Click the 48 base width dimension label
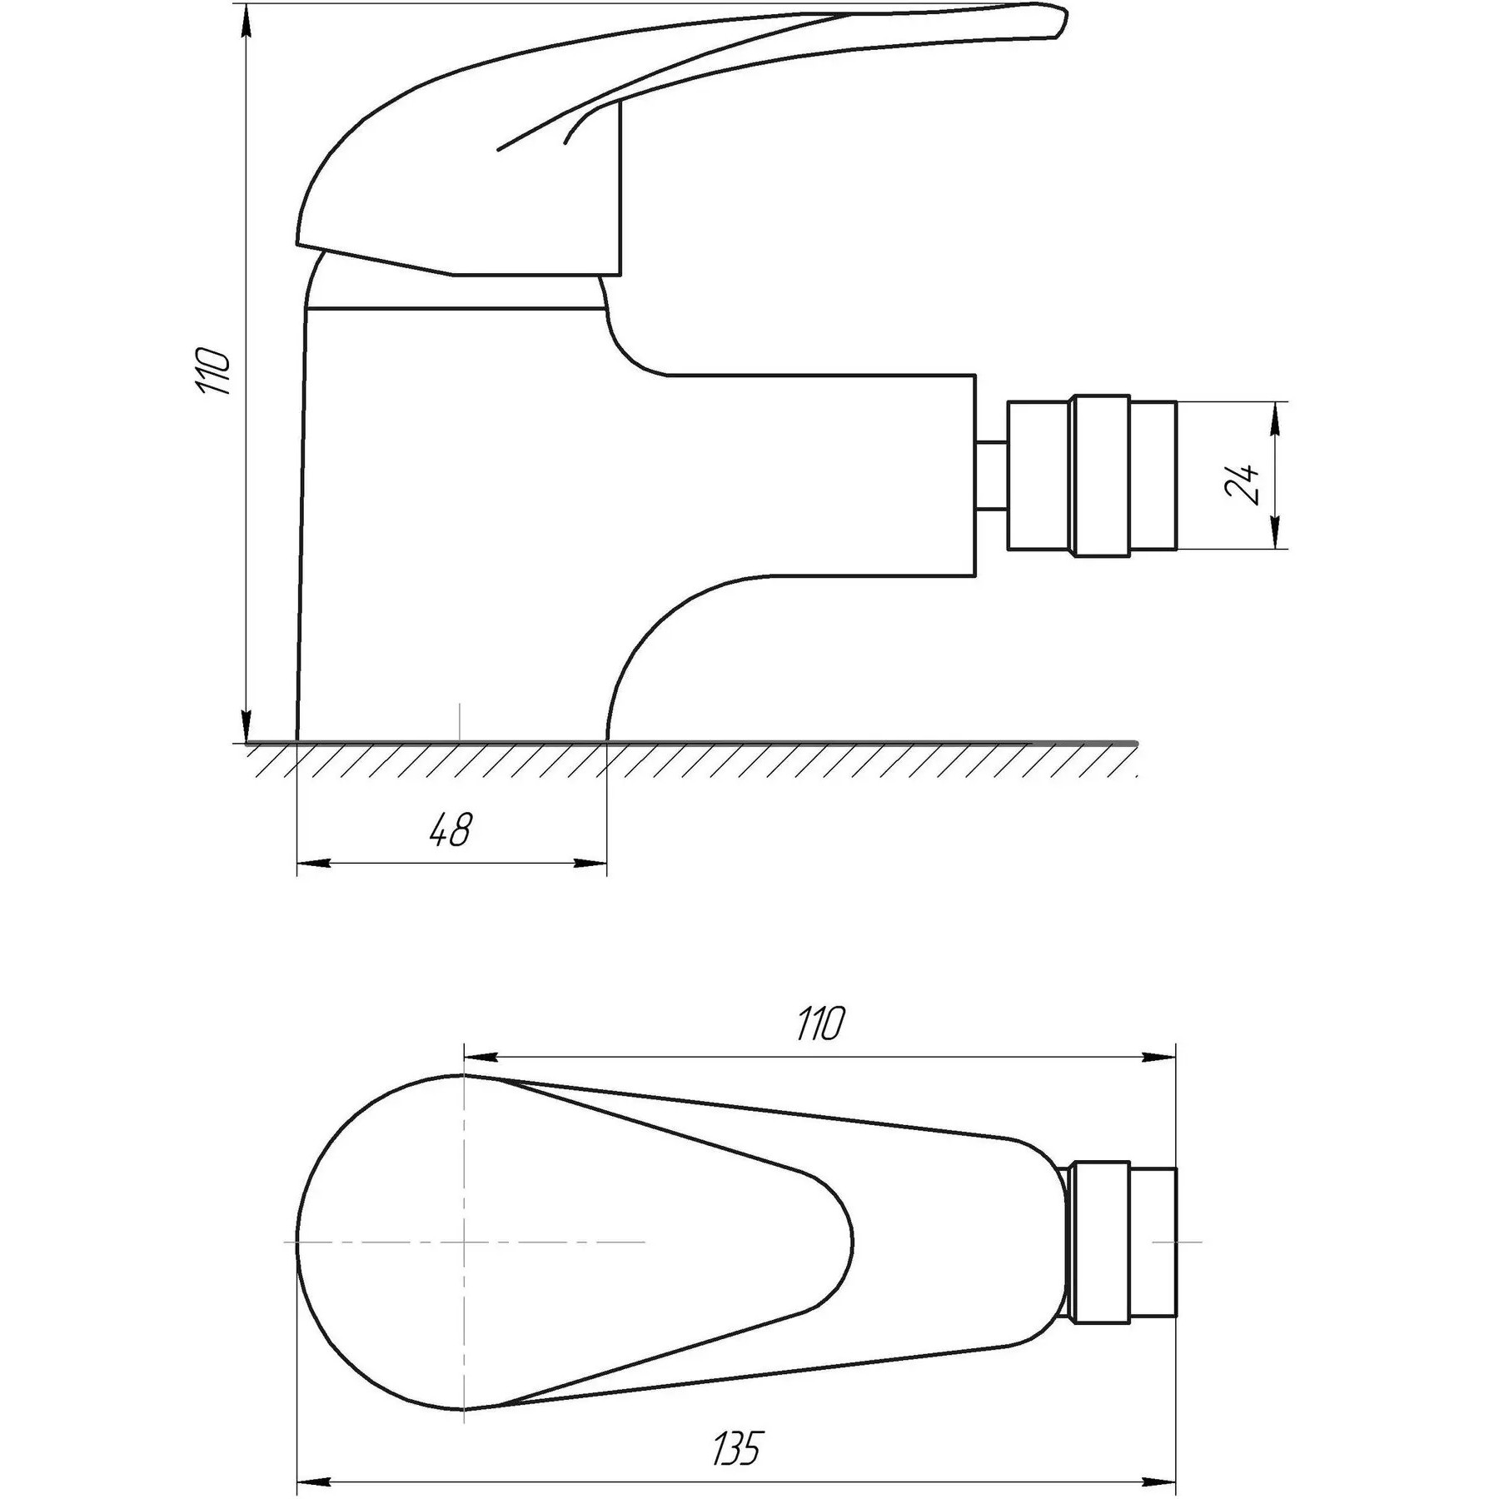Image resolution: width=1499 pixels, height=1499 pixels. [x=451, y=830]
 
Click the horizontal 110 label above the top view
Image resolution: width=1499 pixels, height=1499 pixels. [x=820, y=1023]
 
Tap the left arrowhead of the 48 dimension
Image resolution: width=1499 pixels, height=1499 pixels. [x=312, y=864]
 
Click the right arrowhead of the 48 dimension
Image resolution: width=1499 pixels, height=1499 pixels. [x=591, y=864]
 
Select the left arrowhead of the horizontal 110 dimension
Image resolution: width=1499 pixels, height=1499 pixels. [x=480, y=1057]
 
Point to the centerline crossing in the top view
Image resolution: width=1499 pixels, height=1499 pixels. [x=464, y=1265]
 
